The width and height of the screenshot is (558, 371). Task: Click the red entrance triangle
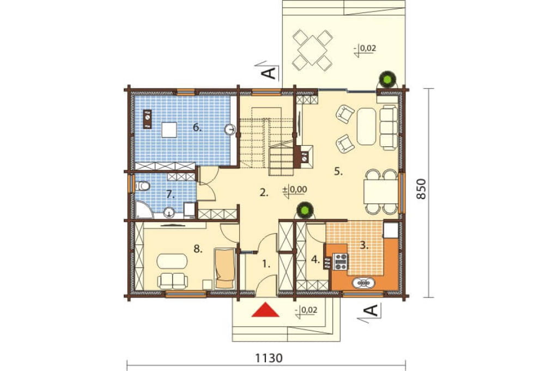point(265,310)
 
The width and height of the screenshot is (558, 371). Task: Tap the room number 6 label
point(197,127)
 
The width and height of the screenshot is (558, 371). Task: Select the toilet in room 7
point(142,186)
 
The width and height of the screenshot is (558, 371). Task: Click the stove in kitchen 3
point(341,261)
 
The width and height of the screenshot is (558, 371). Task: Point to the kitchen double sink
point(363,283)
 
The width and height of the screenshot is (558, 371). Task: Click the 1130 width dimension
point(269,358)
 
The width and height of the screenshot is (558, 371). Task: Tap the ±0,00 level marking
point(295,190)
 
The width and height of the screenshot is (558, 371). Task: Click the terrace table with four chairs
point(312,50)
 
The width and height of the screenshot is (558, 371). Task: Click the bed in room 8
point(225,268)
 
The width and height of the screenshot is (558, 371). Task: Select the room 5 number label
point(338,172)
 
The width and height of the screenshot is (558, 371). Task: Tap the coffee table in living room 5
point(366,127)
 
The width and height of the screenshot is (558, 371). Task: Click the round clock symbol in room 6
point(231,129)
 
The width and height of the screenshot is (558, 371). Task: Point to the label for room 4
point(316,259)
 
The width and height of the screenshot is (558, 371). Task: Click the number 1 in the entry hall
point(266,264)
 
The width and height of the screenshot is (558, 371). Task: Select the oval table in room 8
point(172,261)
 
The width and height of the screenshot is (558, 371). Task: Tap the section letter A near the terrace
point(269,73)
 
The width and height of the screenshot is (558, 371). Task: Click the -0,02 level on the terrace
point(365,48)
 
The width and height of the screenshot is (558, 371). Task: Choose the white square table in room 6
point(169,129)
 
